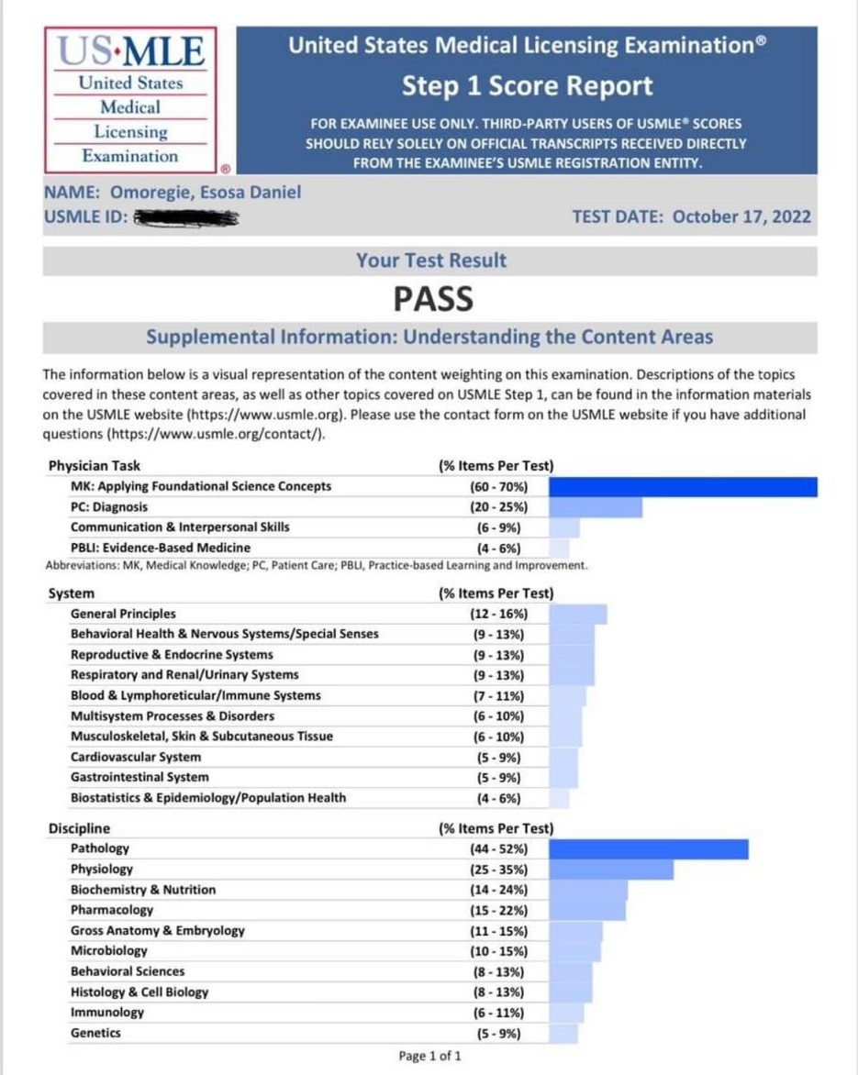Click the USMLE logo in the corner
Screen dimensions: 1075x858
pos(130,99)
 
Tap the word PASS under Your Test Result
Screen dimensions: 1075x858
pos(433,299)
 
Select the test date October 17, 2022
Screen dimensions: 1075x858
pos(691,217)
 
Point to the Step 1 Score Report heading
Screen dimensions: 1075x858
pos(528,86)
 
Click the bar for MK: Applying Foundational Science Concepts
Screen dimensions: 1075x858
pos(683,487)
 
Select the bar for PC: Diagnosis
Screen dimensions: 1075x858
pos(596,507)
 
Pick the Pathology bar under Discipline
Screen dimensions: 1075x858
pos(649,849)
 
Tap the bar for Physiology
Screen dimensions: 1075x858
pos(611,870)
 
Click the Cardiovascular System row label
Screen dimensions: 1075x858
pos(136,758)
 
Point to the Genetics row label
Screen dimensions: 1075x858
pos(95,1034)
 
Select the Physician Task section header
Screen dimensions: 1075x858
pos(95,466)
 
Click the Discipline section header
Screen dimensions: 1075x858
pos(79,829)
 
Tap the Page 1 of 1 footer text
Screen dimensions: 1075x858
pos(430,1057)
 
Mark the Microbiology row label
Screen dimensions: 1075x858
pos(108,951)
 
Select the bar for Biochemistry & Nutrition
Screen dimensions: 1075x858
pos(588,890)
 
